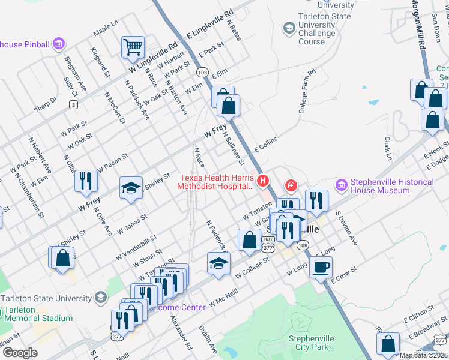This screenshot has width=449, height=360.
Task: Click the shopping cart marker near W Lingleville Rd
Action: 133,47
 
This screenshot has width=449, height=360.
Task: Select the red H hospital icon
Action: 262,180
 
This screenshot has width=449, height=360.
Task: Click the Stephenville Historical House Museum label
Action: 392,186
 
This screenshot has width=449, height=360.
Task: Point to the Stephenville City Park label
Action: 310,343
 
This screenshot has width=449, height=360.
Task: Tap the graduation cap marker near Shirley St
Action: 131,187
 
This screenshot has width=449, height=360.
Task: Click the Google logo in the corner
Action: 19,353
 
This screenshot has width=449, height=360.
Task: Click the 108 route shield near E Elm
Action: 202,72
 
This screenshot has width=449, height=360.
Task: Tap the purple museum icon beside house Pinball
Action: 58,44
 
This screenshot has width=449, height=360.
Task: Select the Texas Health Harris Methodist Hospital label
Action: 216,182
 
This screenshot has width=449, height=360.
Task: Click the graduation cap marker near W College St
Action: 218,262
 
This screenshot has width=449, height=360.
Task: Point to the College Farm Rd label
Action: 307,92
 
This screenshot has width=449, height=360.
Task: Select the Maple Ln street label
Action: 106,28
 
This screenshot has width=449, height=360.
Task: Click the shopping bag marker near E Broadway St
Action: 388,343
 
